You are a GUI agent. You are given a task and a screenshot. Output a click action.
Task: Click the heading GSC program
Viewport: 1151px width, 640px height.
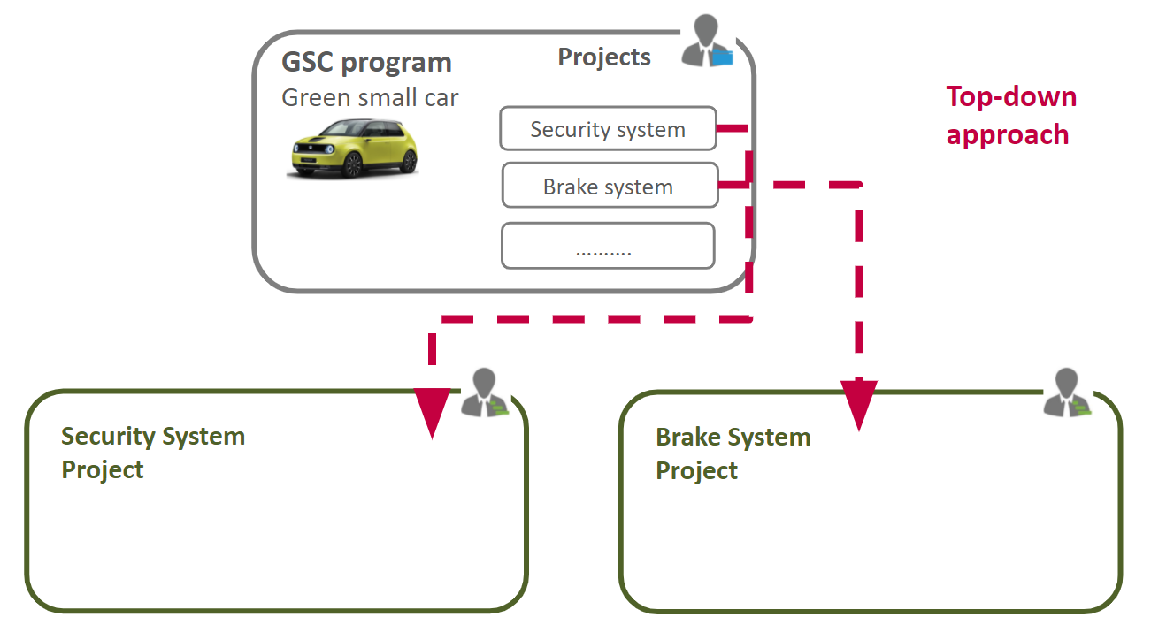366,63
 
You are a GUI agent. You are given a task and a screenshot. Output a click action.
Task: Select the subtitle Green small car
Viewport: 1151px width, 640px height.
370,97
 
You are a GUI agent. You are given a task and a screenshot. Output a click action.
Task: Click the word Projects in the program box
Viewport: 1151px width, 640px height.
604,57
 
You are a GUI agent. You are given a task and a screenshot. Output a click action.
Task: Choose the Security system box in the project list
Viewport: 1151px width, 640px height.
608,129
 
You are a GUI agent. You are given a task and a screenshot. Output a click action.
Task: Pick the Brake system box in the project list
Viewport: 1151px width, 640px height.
609,187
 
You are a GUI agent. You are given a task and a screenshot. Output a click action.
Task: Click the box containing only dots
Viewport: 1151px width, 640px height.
607,246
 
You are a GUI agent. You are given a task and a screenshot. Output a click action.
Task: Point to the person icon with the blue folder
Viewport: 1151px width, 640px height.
707,42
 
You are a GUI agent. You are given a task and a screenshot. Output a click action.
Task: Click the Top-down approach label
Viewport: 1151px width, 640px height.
1011,115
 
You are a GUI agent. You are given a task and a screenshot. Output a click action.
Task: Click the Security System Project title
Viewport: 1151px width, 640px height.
152,453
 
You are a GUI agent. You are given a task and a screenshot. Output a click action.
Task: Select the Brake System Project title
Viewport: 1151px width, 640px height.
733,453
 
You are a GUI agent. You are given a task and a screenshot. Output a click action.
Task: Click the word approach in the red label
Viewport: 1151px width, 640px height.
1007,134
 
